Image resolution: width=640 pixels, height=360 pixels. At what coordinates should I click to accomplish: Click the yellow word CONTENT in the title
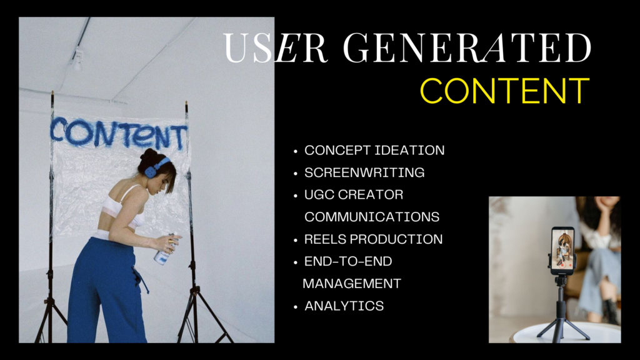(505, 91)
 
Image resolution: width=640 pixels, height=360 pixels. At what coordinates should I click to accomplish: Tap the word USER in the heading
(275, 47)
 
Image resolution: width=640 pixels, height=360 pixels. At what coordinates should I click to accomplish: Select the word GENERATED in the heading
(467, 47)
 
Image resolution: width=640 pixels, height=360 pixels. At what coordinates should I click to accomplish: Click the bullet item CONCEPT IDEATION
(374, 150)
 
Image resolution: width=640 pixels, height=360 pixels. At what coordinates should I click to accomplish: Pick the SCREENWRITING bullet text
(364, 172)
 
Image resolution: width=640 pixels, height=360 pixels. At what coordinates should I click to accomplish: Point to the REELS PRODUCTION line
(374, 239)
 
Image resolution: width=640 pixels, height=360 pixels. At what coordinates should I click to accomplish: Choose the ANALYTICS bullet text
(344, 306)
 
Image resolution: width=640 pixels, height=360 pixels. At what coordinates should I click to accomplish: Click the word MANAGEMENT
(352, 284)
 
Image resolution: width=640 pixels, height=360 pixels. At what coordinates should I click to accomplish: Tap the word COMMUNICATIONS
(372, 217)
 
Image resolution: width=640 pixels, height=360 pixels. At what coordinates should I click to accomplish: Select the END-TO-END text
(348, 261)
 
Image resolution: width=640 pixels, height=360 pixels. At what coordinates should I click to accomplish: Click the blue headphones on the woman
(155, 168)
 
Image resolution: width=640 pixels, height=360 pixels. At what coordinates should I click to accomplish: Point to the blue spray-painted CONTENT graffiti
(118, 133)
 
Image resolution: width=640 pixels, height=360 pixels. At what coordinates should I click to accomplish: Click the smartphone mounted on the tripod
(562, 250)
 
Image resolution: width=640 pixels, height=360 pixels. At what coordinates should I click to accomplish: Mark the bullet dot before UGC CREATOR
(296, 196)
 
